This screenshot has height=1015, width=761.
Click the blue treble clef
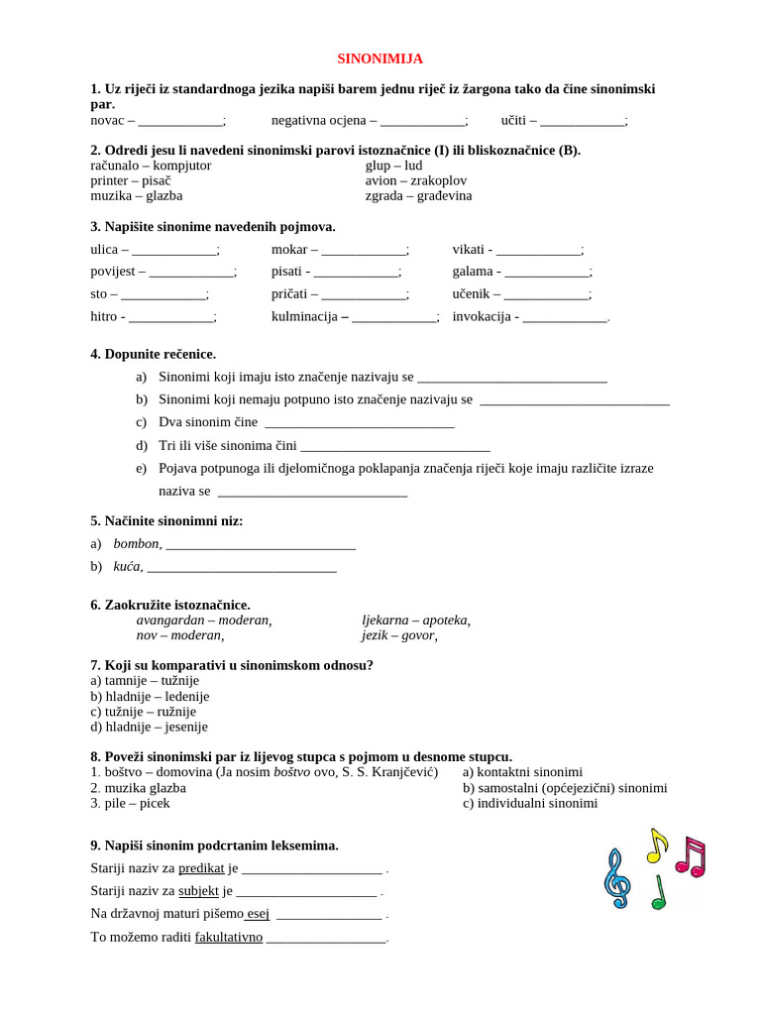(616, 878)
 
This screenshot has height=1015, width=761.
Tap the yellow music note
(656, 845)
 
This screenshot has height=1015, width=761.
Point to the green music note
(659, 893)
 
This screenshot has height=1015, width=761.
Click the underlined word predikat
(201, 868)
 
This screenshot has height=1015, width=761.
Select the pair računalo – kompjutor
(151, 166)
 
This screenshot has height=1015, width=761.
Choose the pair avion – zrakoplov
(415, 180)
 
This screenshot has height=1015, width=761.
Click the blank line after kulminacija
(393, 317)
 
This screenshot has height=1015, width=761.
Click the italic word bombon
(136, 543)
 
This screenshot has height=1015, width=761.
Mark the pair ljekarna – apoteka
(415, 620)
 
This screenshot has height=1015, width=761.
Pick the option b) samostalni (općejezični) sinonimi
(564, 788)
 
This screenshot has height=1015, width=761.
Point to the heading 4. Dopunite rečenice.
(153, 354)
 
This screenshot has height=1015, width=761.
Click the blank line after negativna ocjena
(422, 121)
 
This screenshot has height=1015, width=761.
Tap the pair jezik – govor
(398, 634)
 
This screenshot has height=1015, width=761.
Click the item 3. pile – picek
(130, 803)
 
